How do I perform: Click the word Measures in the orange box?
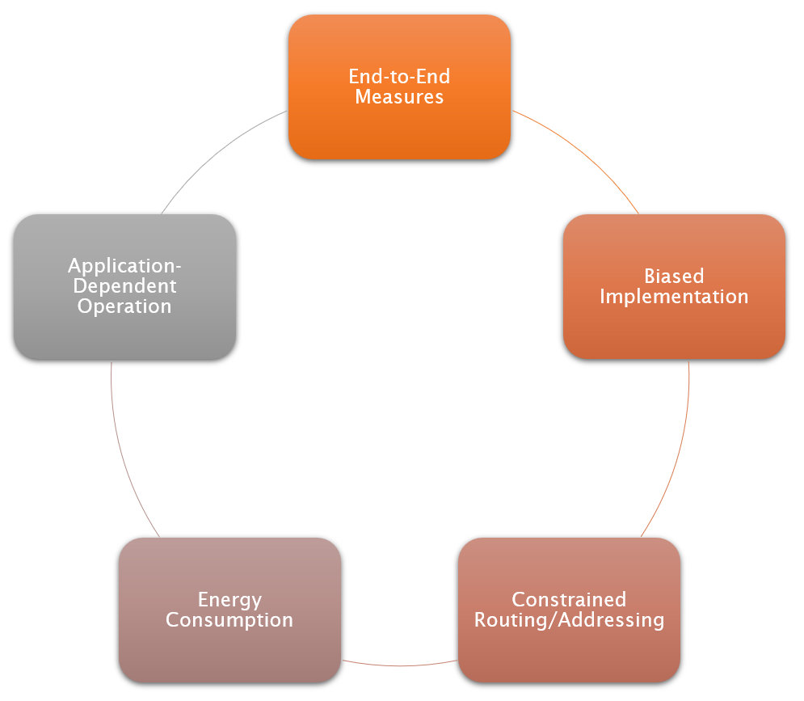click(x=399, y=97)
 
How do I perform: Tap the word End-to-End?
click(x=399, y=77)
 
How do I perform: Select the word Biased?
click(x=674, y=277)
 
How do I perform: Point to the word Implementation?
click(x=674, y=297)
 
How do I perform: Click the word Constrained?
click(x=569, y=600)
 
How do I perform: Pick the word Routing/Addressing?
click(x=569, y=620)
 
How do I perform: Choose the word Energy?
click(x=229, y=600)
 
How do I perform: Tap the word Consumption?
click(x=229, y=620)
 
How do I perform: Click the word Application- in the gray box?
click(x=124, y=266)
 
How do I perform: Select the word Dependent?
click(x=124, y=286)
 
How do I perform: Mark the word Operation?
click(x=124, y=306)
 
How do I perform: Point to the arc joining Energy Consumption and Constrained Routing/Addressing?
click(x=399, y=665)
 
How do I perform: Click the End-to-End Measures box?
click(x=399, y=129)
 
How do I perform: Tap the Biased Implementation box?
click(x=674, y=331)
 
